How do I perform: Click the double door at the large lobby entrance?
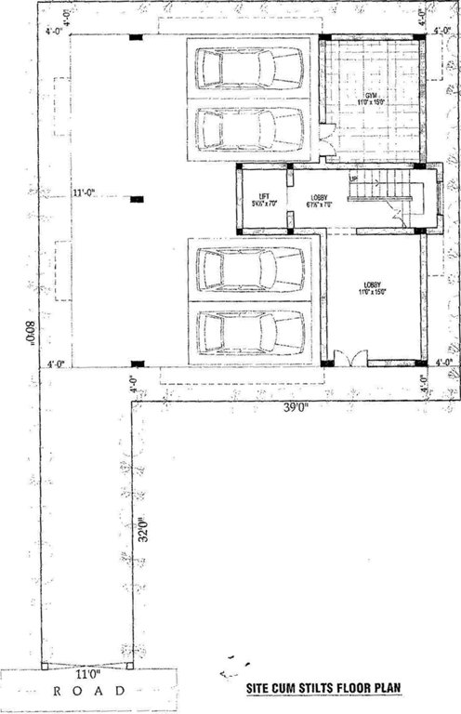point(350,358)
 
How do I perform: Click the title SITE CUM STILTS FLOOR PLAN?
point(324,691)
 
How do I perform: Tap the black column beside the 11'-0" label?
point(137,199)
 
